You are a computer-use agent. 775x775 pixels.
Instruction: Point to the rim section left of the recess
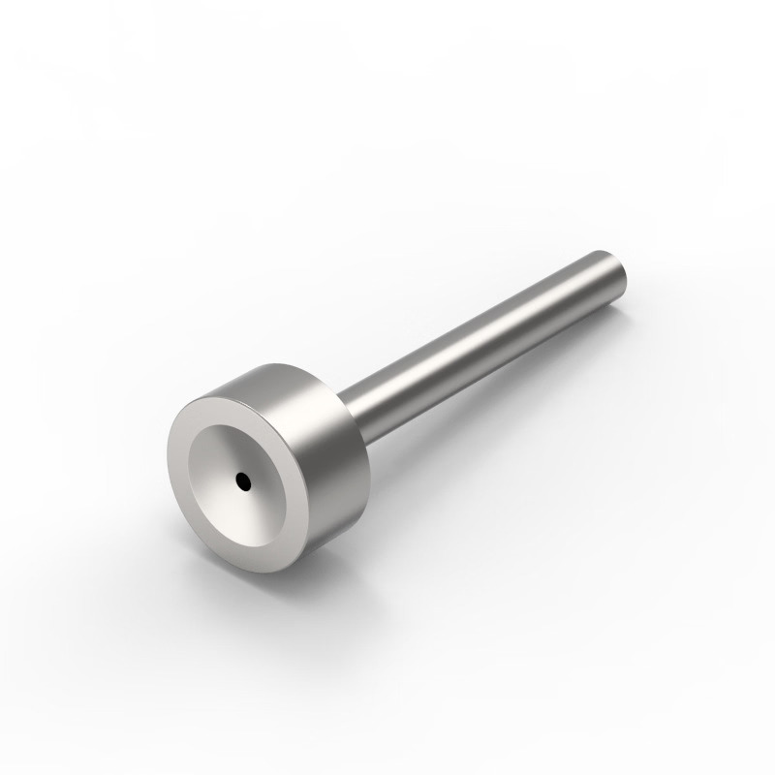[x=179, y=465]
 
